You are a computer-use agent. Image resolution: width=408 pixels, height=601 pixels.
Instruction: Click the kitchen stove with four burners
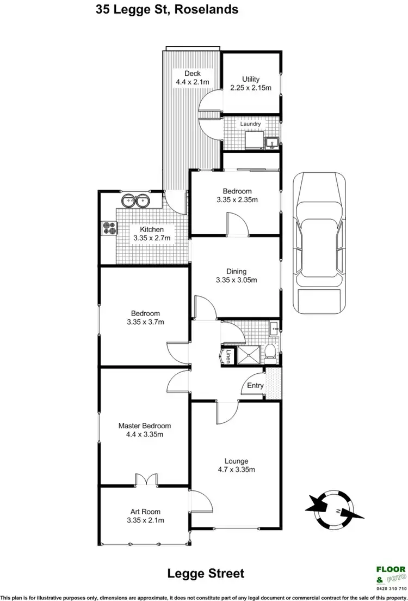[109, 228]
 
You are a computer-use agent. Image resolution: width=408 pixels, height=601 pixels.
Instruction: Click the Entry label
[255, 385]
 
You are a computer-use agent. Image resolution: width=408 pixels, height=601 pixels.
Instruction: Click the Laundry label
[251, 124]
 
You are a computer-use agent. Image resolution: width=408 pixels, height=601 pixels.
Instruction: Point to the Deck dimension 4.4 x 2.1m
[192, 83]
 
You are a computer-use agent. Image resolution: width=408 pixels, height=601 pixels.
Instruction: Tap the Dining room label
[237, 271]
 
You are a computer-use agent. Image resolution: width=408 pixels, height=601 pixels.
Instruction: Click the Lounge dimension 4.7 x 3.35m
[236, 470]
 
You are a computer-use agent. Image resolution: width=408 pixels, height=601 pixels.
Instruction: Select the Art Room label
[145, 511]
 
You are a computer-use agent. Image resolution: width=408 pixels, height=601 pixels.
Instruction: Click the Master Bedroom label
[145, 426]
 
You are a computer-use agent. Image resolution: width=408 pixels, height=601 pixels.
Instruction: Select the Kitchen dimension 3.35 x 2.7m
[152, 238]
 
